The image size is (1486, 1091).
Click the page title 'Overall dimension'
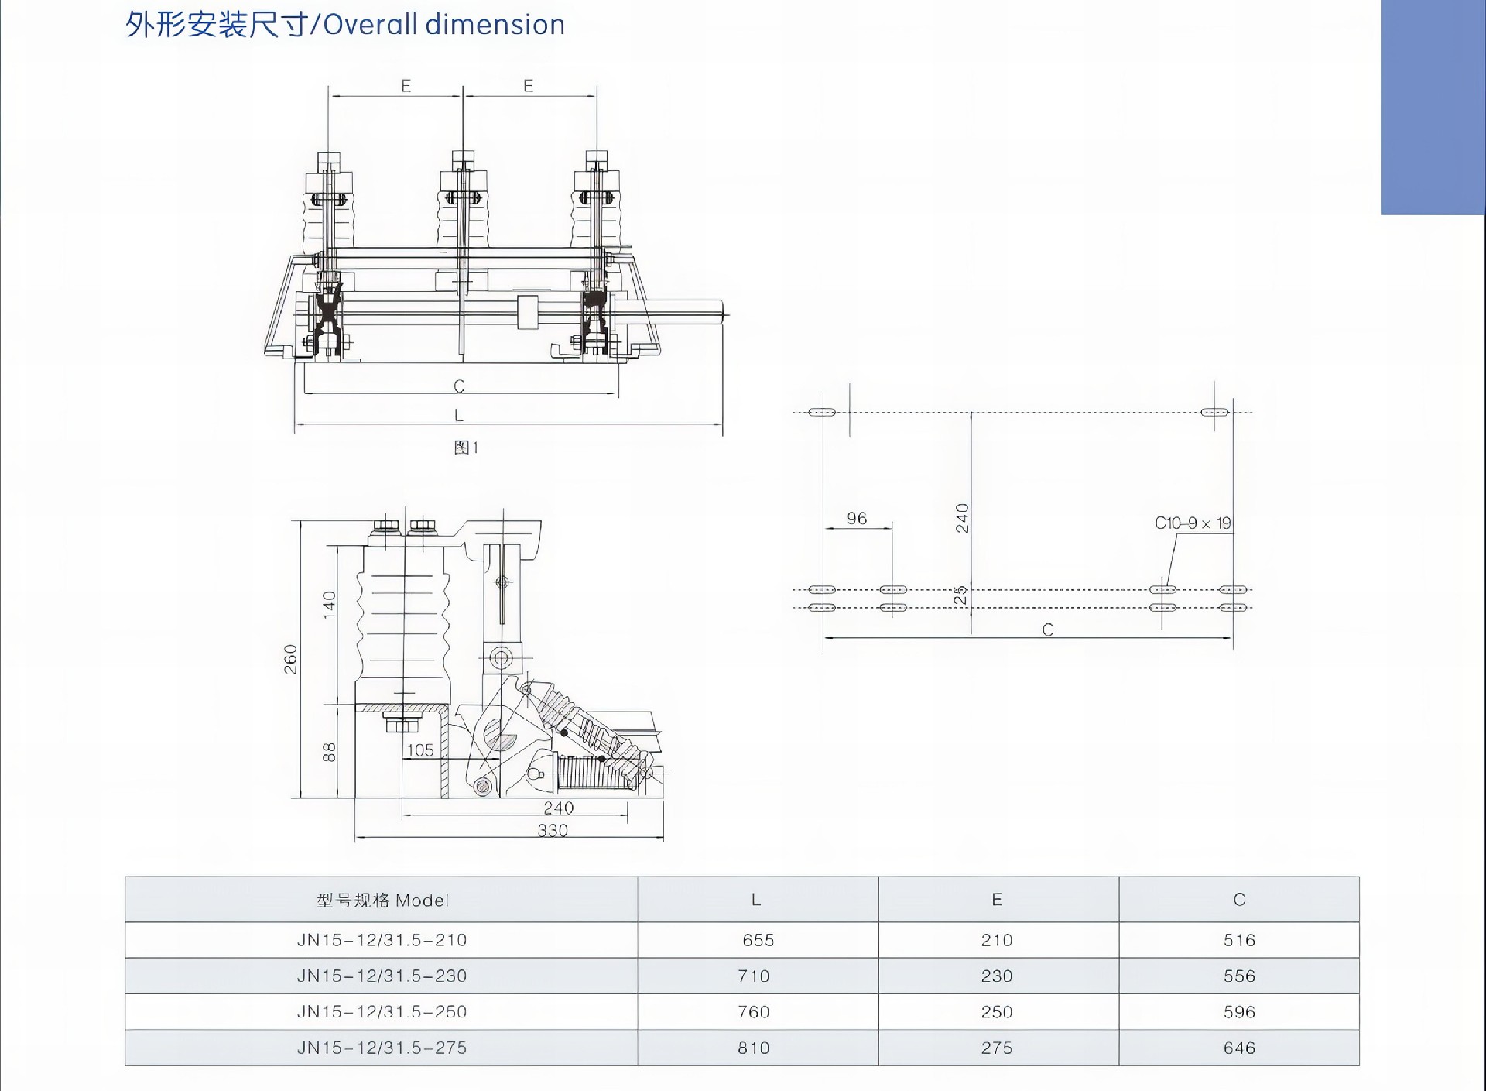pyautogui.click(x=345, y=25)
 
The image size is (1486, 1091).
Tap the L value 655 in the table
pyautogui.click(x=758, y=940)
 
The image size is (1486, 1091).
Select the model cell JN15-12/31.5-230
pyautogui.click(x=382, y=976)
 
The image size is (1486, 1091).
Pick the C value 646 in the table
pyautogui.click(x=1239, y=1048)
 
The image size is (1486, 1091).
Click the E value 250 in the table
pyautogui.click(x=996, y=1012)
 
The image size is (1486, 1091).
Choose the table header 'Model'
pyautogui.click(x=382, y=900)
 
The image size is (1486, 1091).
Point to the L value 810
pyautogui.click(x=753, y=1048)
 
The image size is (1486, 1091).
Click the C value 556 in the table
pyautogui.click(x=1239, y=976)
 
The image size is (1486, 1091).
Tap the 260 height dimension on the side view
pyautogui.click(x=290, y=659)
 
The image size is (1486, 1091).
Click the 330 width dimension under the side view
pyautogui.click(x=553, y=831)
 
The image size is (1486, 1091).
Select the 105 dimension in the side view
pyautogui.click(x=420, y=750)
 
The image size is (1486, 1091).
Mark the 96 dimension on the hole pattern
pyautogui.click(x=857, y=518)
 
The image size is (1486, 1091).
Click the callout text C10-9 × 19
pyautogui.click(x=1192, y=523)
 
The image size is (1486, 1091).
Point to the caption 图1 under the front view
pyautogui.click(x=466, y=448)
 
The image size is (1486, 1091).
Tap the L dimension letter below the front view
pyautogui.click(x=459, y=416)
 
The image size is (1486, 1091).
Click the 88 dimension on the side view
pyautogui.click(x=329, y=752)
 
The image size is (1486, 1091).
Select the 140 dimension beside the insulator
pyautogui.click(x=329, y=604)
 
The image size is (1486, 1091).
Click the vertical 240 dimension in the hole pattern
pyautogui.click(x=962, y=518)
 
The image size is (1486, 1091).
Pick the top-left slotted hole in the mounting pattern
pyautogui.click(x=821, y=412)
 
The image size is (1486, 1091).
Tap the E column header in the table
pyautogui.click(x=997, y=899)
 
